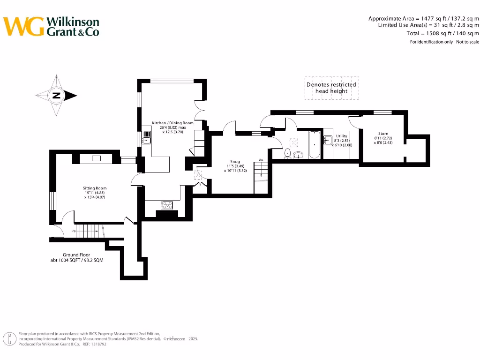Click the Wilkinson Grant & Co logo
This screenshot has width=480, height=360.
pyautogui.click(x=52, y=26)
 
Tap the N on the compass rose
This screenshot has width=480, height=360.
pyautogui.click(x=56, y=96)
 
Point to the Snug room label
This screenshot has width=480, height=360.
pyautogui.click(x=235, y=162)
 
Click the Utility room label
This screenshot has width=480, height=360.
pyautogui.click(x=341, y=136)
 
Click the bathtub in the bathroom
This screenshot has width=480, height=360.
pyautogui.click(x=314, y=145)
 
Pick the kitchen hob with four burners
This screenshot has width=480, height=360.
pyautogui.click(x=167, y=204)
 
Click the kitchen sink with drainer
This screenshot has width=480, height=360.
pyautogui.click(x=147, y=137)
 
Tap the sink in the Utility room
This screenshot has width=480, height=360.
pyautogui.click(x=328, y=141)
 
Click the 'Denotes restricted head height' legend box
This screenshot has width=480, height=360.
pyautogui.click(x=331, y=88)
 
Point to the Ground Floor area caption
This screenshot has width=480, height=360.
pyautogui.click(x=76, y=257)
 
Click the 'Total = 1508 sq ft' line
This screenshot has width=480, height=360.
pyautogui.click(x=443, y=33)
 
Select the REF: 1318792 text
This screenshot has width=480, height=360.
pyautogui.click(x=94, y=344)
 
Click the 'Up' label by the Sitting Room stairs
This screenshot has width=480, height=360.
pyautogui.click(x=74, y=231)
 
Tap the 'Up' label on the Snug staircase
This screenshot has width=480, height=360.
pyautogui.click(x=261, y=160)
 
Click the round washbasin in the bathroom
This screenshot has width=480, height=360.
pyautogui.click(x=298, y=155)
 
